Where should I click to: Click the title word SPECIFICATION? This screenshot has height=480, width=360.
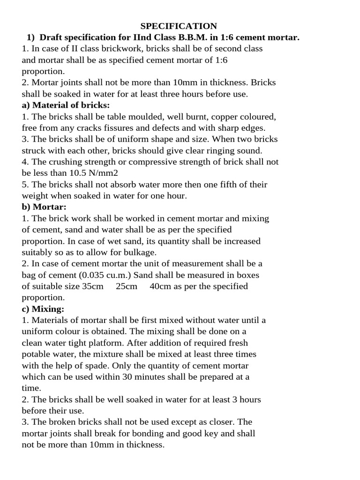[x=179, y=26]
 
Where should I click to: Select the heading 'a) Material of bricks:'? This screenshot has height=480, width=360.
[x=66, y=105]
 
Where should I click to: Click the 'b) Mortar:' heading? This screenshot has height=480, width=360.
[x=44, y=207]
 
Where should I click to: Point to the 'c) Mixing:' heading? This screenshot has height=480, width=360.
[x=43, y=309]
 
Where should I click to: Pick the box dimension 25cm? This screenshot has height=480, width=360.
[x=127, y=286]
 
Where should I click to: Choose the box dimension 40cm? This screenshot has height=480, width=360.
[x=160, y=286]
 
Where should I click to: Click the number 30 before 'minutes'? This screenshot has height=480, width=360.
[x=127, y=377]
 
